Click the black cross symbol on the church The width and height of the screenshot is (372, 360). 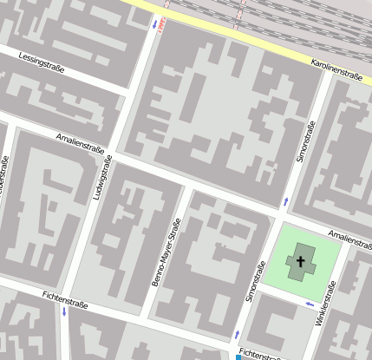coord(301,260)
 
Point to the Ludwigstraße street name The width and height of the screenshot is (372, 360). coord(101,179)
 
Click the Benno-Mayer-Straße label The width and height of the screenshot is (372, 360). coord(170,252)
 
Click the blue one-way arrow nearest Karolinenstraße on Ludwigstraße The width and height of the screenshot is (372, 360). coord(154,23)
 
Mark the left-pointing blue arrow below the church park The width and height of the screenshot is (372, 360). coord(310,304)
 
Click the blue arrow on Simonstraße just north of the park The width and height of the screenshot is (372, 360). coord(284,201)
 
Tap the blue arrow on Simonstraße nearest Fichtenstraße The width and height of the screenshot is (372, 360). coord(236,333)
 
